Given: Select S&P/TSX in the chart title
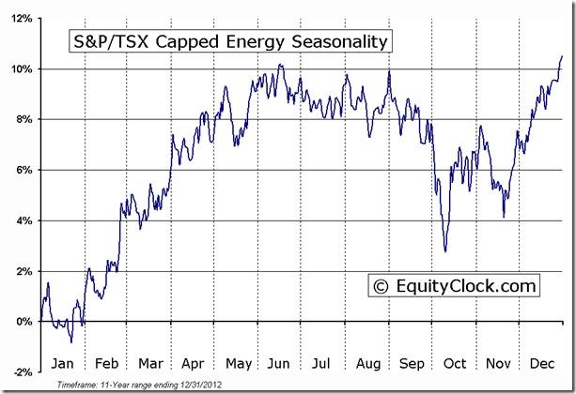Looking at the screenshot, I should (x=107, y=43).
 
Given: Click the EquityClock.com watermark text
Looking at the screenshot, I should (x=467, y=285).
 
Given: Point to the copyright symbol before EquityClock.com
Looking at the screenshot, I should (x=382, y=285).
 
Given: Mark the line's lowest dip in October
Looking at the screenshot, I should (x=446, y=250).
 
